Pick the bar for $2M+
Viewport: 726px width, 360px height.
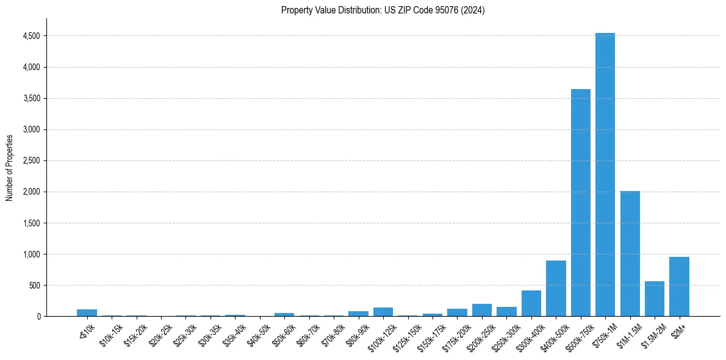coord(679,286)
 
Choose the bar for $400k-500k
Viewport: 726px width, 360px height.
coord(556,288)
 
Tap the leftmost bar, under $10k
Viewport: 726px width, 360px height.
coord(87,312)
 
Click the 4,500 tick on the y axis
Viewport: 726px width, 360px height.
coord(31,36)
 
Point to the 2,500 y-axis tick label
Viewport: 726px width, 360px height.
coord(31,160)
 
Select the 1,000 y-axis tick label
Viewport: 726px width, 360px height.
coord(31,254)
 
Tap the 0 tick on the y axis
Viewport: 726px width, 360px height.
coord(38,316)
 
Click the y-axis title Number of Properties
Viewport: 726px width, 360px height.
coord(9,167)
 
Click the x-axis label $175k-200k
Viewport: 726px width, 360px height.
coord(457,335)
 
